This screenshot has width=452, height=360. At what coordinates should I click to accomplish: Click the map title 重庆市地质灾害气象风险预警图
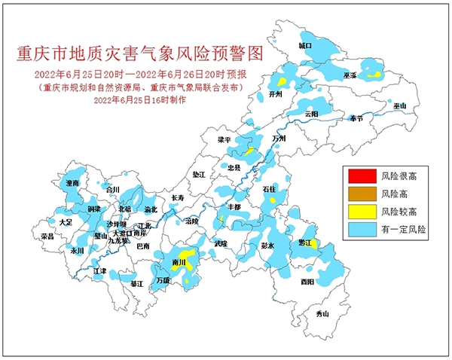[142, 53]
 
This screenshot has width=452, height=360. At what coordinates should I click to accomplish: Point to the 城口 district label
[305, 46]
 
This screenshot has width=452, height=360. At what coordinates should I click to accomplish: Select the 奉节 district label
[355, 119]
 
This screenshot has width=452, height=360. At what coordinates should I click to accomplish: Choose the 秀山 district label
[322, 313]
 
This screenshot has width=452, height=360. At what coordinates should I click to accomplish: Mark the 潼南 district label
[73, 183]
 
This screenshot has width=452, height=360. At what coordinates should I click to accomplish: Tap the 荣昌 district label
[47, 236]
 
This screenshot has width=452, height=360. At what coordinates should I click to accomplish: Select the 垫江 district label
[199, 174]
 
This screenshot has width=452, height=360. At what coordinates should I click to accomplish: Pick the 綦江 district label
[136, 284]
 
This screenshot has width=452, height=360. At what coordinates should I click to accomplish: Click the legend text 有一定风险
[403, 230]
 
